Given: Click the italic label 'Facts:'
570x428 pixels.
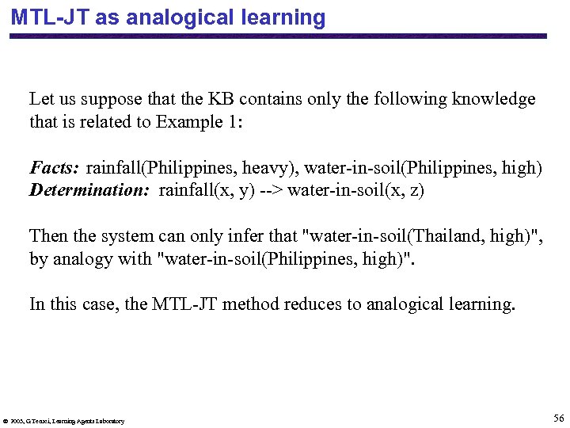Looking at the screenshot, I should (x=54, y=167).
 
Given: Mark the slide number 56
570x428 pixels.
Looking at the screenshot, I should (x=558, y=418).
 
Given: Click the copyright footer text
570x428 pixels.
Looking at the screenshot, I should (x=63, y=421).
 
